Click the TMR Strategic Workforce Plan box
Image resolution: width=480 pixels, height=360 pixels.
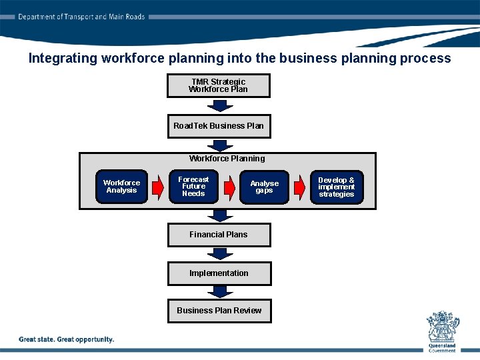[x=219, y=85]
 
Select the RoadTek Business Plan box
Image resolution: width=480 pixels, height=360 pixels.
[x=219, y=126]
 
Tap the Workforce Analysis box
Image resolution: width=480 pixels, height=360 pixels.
[x=121, y=187]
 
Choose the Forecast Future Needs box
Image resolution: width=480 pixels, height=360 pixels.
[x=193, y=187]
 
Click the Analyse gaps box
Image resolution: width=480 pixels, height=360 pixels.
[x=264, y=187]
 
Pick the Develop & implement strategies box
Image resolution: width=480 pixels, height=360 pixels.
[x=337, y=187]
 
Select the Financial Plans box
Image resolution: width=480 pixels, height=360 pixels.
[x=219, y=235]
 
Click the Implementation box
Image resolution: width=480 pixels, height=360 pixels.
[x=219, y=273]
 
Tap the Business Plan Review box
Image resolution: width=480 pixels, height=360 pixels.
[x=219, y=311]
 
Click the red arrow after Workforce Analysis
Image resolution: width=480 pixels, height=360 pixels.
[x=157, y=187]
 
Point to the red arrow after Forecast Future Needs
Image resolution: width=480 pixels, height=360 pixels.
[x=229, y=187]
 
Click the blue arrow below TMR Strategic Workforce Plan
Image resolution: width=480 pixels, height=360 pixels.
[x=219, y=105]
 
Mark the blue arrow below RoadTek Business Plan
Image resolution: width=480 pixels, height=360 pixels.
[x=219, y=145]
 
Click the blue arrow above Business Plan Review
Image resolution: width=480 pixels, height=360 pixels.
[x=219, y=292]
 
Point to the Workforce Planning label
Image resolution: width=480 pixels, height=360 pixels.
[x=227, y=159]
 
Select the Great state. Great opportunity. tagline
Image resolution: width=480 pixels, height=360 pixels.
[x=67, y=339]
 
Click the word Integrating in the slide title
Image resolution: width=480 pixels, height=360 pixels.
[x=63, y=58]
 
